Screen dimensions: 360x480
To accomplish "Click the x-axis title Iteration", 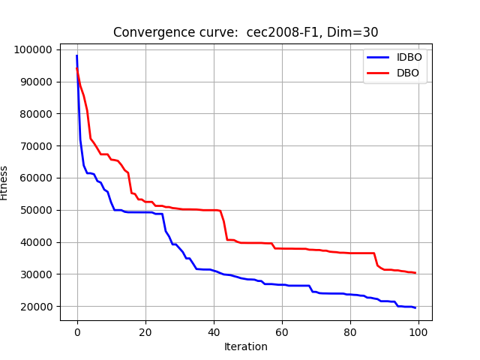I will (246, 346).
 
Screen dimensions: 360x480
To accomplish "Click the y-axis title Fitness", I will (4, 183).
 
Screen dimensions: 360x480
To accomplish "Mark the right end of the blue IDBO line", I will (415, 307).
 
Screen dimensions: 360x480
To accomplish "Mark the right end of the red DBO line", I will (415, 273).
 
